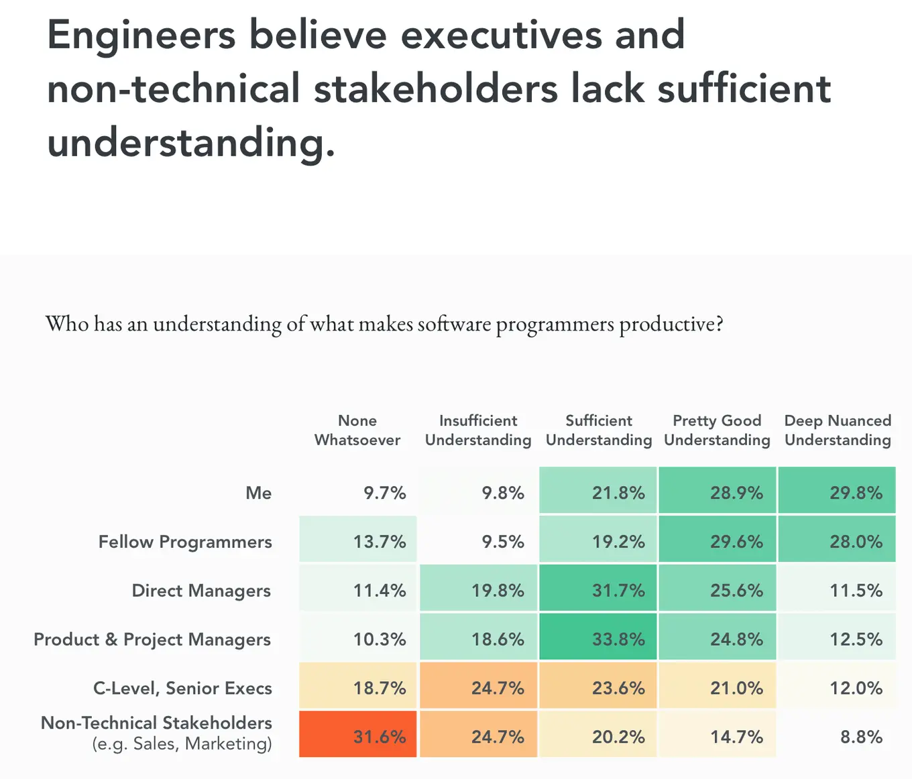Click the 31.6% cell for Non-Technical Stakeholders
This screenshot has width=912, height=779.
pyautogui.click(x=358, y=735)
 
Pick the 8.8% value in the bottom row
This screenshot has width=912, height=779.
pyautogui.click(x=861, y=737)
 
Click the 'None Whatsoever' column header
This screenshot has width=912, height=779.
pyautogui.click(x=357, y=430)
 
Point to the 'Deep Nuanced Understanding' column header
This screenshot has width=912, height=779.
pyautogui.click(x=838, y=430)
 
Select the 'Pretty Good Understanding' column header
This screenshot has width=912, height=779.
pyautogui.click(x=717, y=430)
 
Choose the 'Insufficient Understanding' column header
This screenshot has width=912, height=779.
pyautogui.click(x=478, y=430)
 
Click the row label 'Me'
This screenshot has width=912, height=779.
pyautogui.click(x=258, y=493)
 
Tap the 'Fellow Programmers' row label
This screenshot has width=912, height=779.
pyautogui.click(x=185, y=542)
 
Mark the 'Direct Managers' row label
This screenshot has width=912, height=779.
pyautogui.click(x=201, y=591)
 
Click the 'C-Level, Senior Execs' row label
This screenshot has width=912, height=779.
pyautogui.click(x=182, y=688)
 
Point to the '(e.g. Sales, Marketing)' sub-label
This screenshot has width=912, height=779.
pyautogui.click(x=182, y=744)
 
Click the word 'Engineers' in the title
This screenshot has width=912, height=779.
pyautogui.click(x=141, y=35)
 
